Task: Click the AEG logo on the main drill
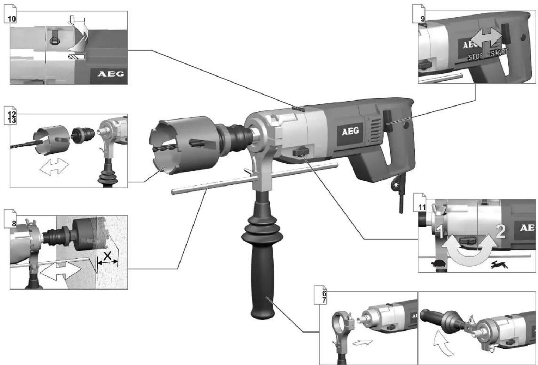(x=350, y=132)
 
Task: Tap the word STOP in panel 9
(x=475, y=57)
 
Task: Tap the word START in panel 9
(x=499, y=53)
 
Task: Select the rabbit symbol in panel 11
(x=499, y=264)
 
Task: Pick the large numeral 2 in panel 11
(x=500, y=232)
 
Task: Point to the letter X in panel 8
(x=107, y=256)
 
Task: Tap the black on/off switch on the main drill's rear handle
(x=387, y=121)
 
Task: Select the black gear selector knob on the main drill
(x=301, y=152)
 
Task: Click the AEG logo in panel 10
(x=111, y=74)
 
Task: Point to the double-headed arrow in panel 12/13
(x=54, y=166)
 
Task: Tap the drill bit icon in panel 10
(x=77, y=57)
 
